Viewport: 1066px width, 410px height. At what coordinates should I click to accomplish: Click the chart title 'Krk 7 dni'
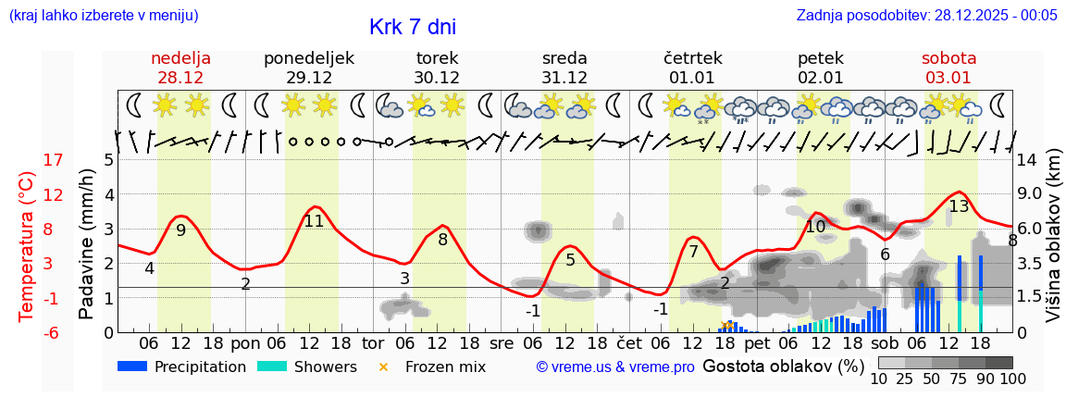(x=412, y=28)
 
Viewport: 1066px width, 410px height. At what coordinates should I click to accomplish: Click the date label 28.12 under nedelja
(x=181, y=77)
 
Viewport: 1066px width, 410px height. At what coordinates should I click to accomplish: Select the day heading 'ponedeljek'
(x=309, y=58)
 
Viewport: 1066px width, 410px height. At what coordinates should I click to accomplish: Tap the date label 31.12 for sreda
(x=564, y=77)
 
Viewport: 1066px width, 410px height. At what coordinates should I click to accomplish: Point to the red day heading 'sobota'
(x=948, y=58)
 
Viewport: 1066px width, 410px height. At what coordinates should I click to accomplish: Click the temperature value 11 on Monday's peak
(x=314, y=221)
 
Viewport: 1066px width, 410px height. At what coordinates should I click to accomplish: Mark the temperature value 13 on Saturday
(x=959, y=206)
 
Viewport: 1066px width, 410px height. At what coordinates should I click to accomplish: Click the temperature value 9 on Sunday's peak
(x=180, y=230)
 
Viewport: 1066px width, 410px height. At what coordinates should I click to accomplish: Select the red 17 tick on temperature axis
(x=53, y=160)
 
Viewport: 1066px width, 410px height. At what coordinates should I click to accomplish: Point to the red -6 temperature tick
(x=53, y=332)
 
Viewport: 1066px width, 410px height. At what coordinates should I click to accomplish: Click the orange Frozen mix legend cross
(x=384, y=367)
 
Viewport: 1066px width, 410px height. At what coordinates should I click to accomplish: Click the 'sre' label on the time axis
(x=501, y=342)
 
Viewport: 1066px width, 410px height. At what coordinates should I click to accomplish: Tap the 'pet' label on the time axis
(x=757, y=342)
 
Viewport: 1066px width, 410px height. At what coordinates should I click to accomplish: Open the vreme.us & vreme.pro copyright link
(x=615, y=367)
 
